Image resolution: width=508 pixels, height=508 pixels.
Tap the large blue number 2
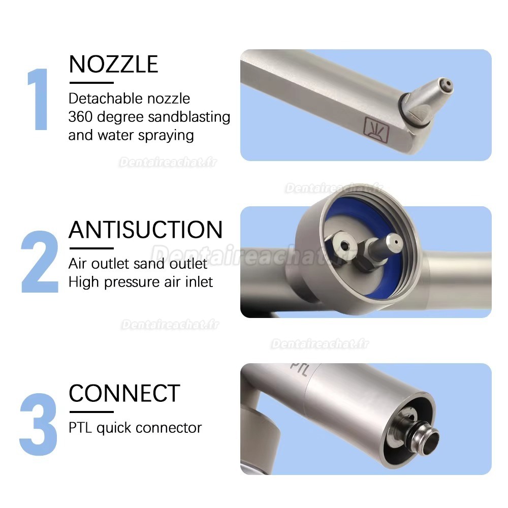(x=40, y=262)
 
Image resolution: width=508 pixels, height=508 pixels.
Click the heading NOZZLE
(x=113, y=65)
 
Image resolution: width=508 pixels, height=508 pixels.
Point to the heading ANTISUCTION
(x=145, y=230)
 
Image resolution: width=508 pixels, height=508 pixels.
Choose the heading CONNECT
(x=124, y=393)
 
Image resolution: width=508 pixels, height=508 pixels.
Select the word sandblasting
(x=189, y=117)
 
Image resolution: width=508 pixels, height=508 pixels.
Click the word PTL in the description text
(x=80, y=428)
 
